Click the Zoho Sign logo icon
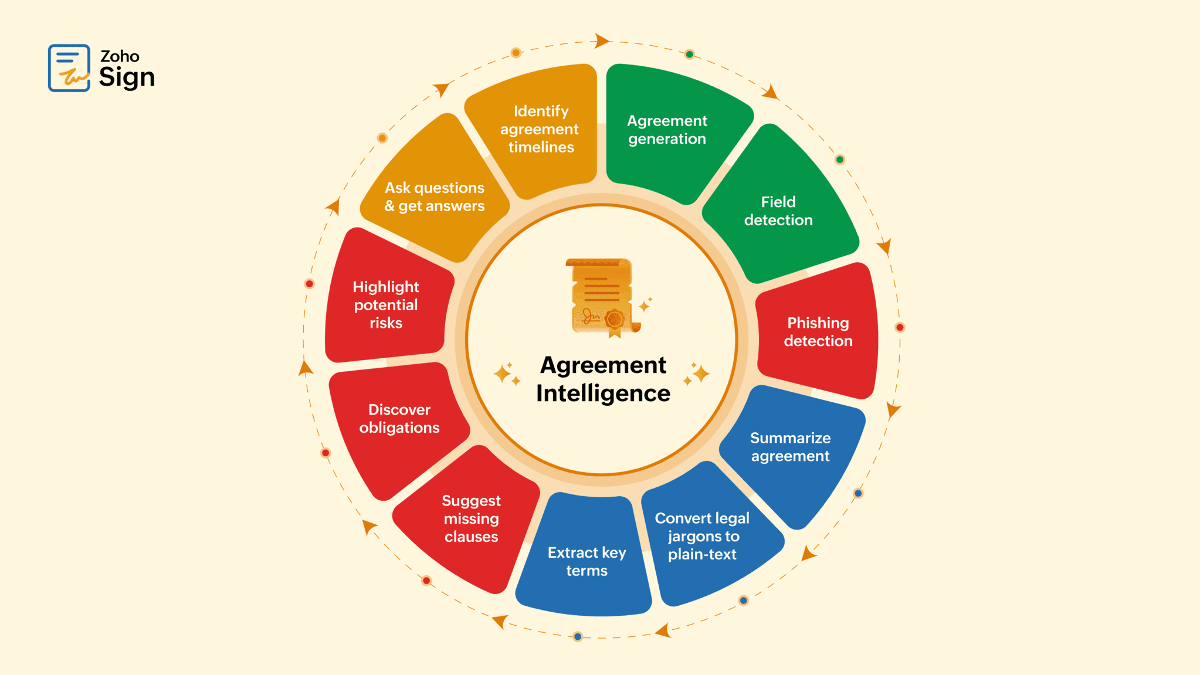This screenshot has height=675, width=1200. pyautogui.click(x=69, y=68)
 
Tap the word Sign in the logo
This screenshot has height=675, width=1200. pyautogui.click(x=127, y=77)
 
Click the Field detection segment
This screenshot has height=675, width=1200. pyautogui.click(x=778, y=211)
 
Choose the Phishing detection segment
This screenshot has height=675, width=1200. pyautogui.click(x=818, y=332)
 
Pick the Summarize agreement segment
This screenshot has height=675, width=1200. pyautogui.click(x=790, y=447)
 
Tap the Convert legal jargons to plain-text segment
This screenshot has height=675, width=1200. pyautogui.click(x=702, y=536)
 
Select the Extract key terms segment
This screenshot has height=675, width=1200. pyautogui.click(x=587, y=561)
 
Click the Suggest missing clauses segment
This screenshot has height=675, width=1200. pyautogui.click(x=471, y=518)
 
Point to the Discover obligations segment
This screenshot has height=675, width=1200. pyautogui.click(x=399, y=419)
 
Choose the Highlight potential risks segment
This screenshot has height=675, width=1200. pyautogui.click(x=386, y=304)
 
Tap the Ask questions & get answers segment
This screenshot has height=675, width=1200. pyautogui.click(x=435, y=196)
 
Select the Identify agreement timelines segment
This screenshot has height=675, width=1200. pyautogui.click(x=540, y=129)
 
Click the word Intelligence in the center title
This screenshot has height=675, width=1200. pyautogui.click(x=603, y=394)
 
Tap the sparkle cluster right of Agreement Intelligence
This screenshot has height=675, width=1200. pyautogui.click(x=697, y=374)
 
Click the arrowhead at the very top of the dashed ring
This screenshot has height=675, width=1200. pyautogui.click(x=601, y=41)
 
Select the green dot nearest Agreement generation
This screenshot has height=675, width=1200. pyautogui.click(x=690, y=55)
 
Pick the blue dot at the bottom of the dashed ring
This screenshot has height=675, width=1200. pyautogui.click(x=578, y=636)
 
